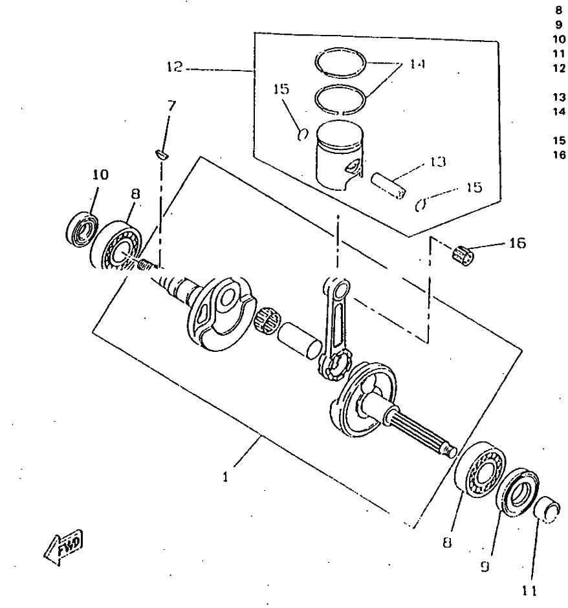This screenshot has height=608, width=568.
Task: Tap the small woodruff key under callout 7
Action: pos(162,154)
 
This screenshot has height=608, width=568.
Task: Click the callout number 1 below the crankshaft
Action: pos(224,478)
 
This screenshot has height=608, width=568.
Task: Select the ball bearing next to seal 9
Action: pos(482,470)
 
